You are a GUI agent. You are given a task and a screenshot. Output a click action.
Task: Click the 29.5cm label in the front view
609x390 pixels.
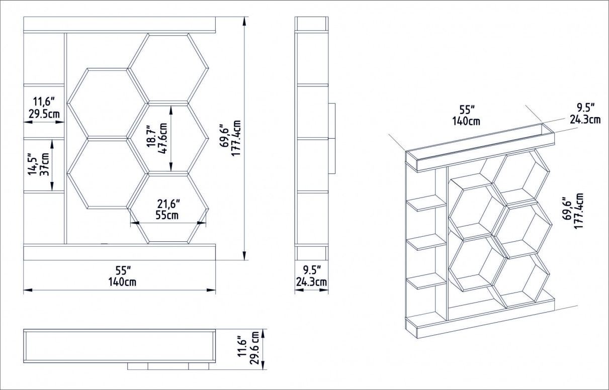tap(44, 115)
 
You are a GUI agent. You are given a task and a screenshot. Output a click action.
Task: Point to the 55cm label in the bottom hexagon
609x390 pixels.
tap(168, 216)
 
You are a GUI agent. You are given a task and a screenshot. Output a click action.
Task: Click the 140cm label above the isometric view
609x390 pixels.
tap(466, 121)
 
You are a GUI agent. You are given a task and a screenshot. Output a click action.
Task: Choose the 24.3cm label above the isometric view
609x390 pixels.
tap(585, 119)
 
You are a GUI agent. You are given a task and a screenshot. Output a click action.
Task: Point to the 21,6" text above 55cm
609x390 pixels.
tap(168, 204)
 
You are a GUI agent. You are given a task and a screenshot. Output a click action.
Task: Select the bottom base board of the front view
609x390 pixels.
tap(119, 252)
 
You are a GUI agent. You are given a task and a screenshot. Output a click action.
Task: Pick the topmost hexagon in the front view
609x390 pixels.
tap(168, 67)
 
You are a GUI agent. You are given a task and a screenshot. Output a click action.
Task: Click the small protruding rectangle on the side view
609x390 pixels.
tap(331, 138)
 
